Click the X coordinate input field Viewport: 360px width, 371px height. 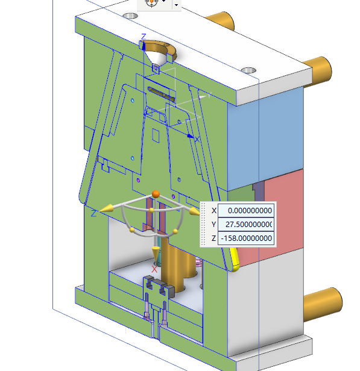coord(246,210)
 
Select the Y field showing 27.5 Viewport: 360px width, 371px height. coord(246,224)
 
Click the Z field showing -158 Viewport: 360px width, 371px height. coord(246,238)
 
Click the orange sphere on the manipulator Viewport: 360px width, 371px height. coord(156,194)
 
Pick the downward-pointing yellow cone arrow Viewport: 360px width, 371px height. coord(156,253)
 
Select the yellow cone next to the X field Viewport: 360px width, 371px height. coord(194,211)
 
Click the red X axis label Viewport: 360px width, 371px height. coord(154,269)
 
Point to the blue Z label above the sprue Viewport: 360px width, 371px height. coord(144,37)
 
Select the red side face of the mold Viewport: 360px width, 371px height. coord(284,213)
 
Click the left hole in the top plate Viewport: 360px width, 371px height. coord(130,16)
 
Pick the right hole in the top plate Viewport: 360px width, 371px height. coord(248,70)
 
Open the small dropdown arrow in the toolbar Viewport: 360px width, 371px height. coord(176,5)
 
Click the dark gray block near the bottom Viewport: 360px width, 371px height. coord(159,285)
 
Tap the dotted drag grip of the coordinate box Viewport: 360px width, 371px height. coord(203,224)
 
